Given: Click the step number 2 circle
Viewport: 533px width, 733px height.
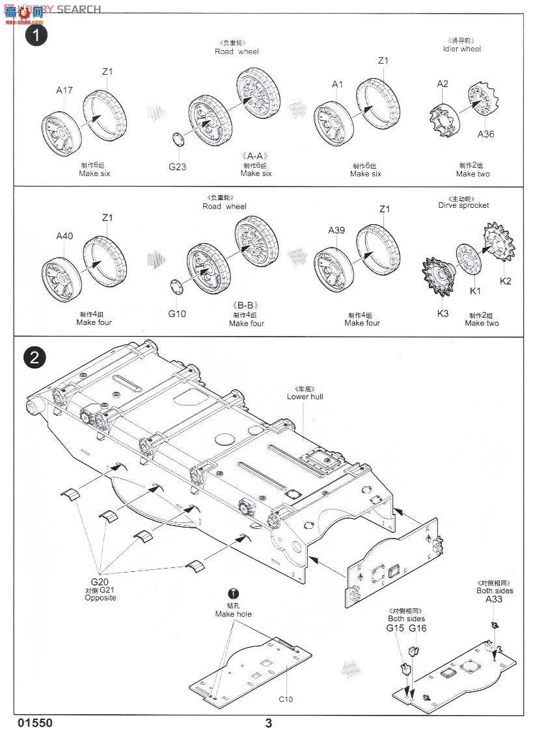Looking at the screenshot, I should point(35,357).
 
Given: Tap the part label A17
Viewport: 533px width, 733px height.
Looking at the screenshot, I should point(64,90).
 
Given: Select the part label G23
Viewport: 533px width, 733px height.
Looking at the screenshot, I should point(178,166).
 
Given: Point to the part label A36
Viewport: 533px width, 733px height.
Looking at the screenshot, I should point(485,134).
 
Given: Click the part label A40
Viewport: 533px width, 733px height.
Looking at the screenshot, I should point(64,236).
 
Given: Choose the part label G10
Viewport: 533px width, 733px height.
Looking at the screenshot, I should point(177,313).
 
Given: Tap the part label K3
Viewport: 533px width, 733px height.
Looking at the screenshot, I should point(443,313).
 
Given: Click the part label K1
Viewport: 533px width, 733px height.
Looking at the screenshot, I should point(475,290).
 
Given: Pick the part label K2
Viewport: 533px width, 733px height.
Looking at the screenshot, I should point(505,281).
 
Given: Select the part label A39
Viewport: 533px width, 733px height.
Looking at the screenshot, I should point(336,230).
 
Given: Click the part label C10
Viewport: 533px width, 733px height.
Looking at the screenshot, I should point(286,699).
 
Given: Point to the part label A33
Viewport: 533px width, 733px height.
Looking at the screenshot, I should point(494,600).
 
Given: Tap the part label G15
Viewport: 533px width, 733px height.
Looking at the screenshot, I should point(395,628).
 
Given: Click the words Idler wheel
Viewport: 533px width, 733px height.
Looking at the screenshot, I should point(461,49).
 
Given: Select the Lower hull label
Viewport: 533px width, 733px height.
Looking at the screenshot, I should point(305,396).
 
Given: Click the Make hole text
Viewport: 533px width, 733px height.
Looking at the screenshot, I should point(234,614).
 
